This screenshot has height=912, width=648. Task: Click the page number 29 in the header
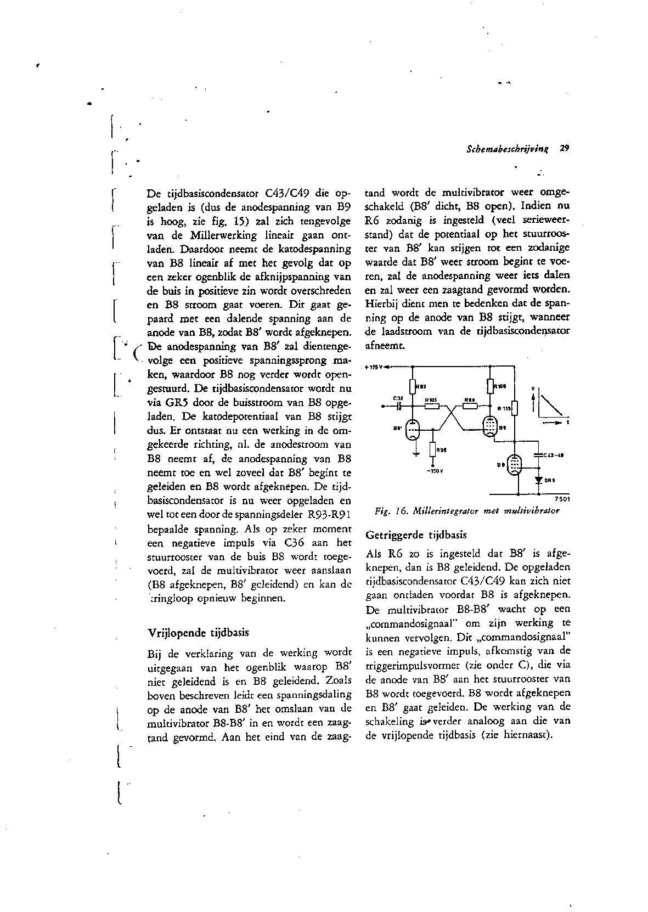click(565, 148)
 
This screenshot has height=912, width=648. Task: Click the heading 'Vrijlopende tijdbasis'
click(199, 632)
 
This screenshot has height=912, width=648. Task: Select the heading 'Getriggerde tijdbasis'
click(416, 534)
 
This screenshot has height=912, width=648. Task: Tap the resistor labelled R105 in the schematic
click(432, 406)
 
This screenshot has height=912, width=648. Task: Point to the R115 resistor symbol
click(515, 408)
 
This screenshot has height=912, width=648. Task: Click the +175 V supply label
click(374, 367)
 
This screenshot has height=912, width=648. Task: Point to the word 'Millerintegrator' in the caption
click(444, 511)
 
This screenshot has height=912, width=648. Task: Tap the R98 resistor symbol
click(433, 450)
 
